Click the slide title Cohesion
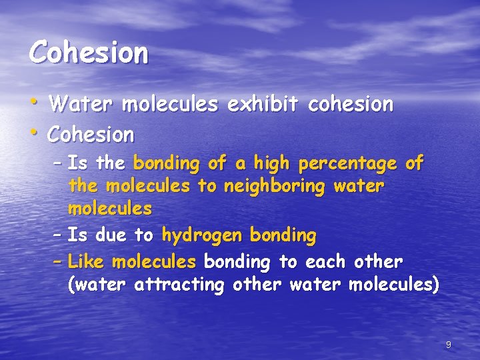click(x=88, y=53)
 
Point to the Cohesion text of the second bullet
click(x=91, y=135)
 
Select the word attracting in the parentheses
click(x=181, y=286)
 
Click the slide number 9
click(x=448, y=345)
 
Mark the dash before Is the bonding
click(x=58, y=163)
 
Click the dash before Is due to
click(x=58, y=235)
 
